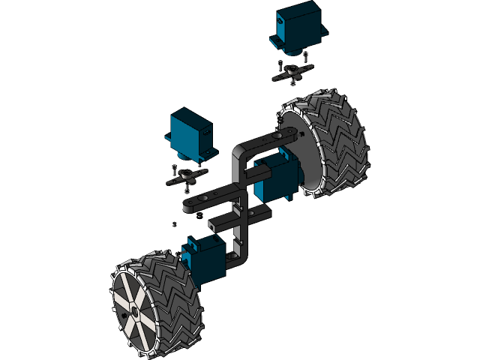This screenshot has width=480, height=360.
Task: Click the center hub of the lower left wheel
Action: tap(133, 308)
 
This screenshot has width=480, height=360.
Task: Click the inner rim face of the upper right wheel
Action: tap(300, 150)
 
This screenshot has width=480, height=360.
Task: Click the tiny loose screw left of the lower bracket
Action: tap(175, 223)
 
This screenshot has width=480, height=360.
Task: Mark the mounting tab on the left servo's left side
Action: tap(168, 138)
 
